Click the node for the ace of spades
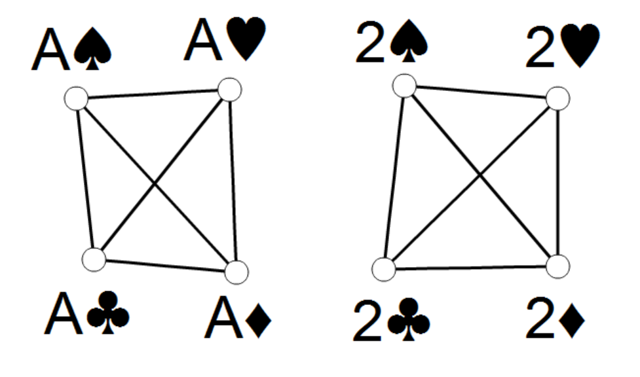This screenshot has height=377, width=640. (x=77, y=98)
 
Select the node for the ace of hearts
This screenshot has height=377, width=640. (x=230, y=90)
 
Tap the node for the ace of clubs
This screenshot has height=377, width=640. (x=94, y=259)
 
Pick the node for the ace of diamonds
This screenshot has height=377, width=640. (x=236, y=272)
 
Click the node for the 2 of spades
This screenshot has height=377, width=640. (x=404, y=86)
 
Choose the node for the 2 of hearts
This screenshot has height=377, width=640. (x=557, y=98)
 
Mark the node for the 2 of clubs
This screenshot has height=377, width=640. (x=384, y=269)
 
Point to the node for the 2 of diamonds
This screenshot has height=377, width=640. (x=557, y=266)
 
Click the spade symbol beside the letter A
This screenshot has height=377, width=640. (x=92, y=48)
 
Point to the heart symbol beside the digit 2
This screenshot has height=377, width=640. (x=580, y=46)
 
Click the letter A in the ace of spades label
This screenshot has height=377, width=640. (x=50, y=50)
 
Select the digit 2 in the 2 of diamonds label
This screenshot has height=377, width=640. (x=540, y=318)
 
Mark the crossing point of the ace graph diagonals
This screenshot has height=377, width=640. (x=155, y=184)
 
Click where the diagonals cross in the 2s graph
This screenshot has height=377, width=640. (x=480, y=175)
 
